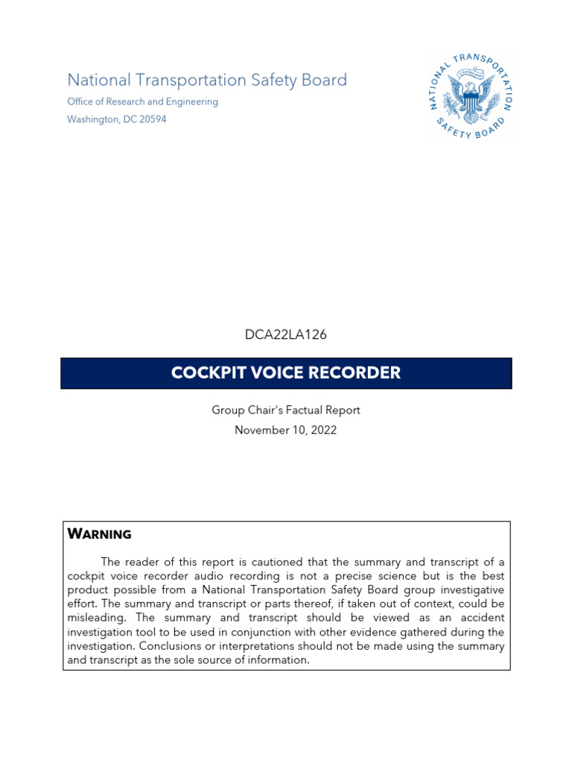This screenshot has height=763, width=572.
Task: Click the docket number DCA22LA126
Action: coord(286,335)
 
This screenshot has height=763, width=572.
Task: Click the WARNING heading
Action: coord(99,534)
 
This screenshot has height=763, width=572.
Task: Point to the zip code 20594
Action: coord(153,119)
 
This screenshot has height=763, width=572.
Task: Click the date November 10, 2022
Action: coord(286,430)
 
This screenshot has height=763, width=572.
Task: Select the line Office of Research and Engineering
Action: coord(142,101)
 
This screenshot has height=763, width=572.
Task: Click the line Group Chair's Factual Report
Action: coord(286,410)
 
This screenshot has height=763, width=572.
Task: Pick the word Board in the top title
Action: coord(325,80)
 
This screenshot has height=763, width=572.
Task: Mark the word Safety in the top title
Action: coord(269,80)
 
